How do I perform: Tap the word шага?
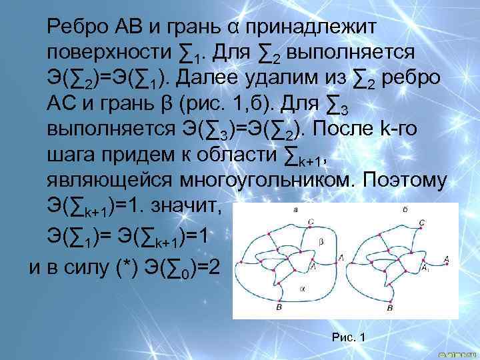click(x=67, y=153)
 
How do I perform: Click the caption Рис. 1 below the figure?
click(x=348, y=337)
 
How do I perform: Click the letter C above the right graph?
click(x=421, y=221)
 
